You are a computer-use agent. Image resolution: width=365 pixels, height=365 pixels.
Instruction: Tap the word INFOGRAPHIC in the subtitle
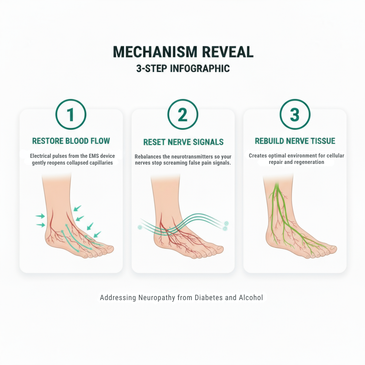click(x=200, y=69)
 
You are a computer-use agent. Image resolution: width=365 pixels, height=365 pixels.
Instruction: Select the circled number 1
click(x=71, y=114)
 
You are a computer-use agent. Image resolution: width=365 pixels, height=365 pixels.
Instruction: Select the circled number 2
click(x=183, y=114)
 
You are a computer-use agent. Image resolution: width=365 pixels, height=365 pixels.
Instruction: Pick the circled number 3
click(x=295, y=114)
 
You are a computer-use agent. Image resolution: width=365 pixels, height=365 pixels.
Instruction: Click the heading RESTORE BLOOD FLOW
click(x=71, y=141)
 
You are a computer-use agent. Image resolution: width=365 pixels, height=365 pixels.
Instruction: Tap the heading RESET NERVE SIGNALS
click(x=183, y=142)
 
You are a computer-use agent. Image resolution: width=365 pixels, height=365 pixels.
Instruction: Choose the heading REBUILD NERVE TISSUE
click(x=295, y=141)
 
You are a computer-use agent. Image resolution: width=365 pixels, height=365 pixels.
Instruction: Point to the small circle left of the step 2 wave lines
click(x=140, y=227)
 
